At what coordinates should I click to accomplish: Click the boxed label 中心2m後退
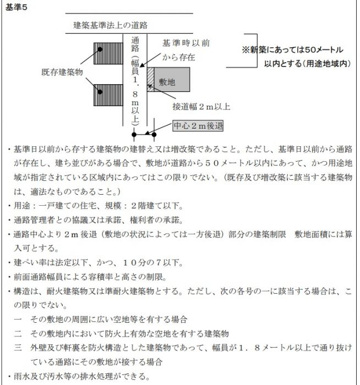click(198, 125)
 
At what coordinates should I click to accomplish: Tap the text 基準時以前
click(186, 43)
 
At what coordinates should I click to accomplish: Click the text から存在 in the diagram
click(179, 57)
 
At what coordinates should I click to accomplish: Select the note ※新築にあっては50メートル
click(296, 50)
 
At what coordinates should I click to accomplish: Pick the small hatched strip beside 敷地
click(150, 79)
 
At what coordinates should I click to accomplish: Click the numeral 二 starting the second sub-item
click(18, 334)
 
